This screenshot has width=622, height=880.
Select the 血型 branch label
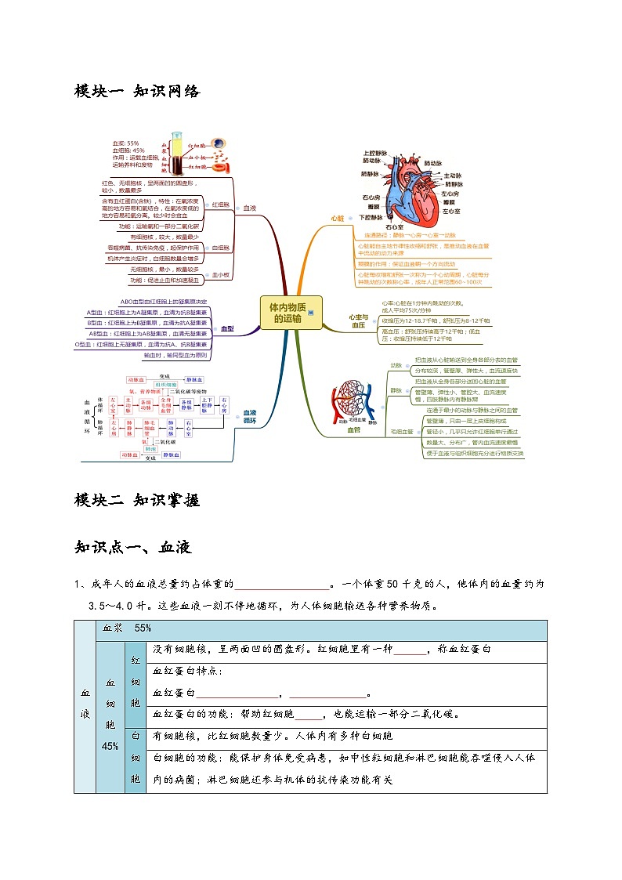(227, 329)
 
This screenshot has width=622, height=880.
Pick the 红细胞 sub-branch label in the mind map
(220, 204)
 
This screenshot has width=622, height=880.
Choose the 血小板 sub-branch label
(220, 275)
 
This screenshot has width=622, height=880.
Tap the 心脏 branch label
(338, 219)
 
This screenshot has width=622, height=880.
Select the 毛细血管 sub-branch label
(402, 432)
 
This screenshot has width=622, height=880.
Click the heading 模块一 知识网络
(137, 92)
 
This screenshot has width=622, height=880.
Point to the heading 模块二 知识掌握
(137, 501)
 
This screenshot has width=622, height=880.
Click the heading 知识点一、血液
(132, 548)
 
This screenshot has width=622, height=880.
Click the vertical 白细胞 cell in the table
(135, 759)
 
